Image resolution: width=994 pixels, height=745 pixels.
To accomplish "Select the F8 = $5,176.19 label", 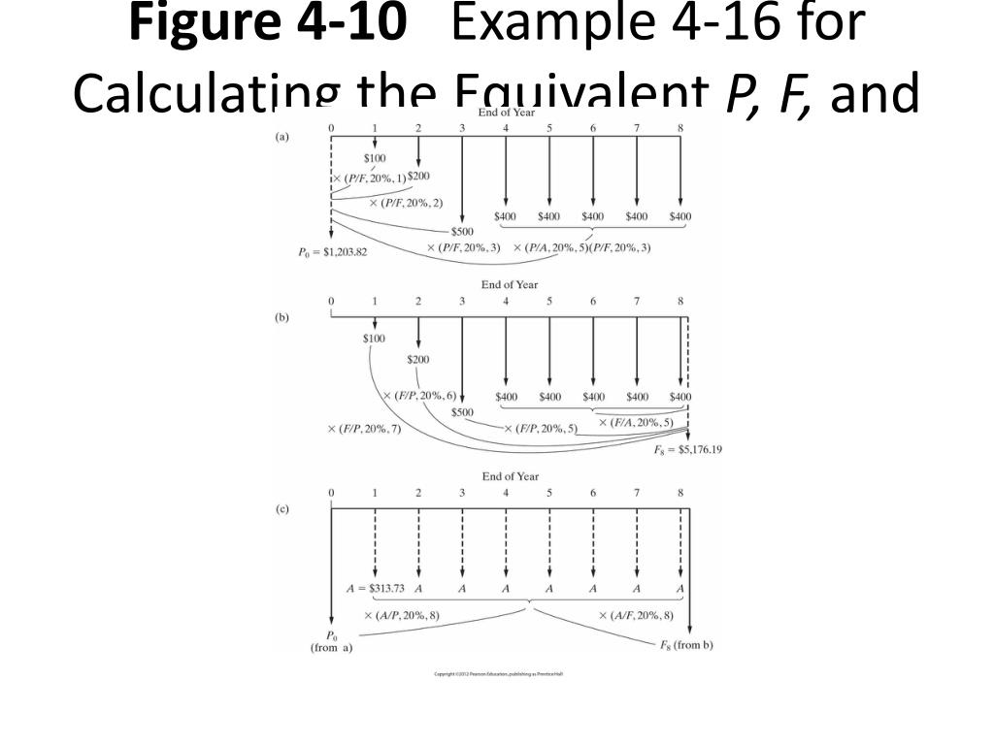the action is point(689,449).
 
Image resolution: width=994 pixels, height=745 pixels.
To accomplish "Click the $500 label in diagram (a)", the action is point(462,232).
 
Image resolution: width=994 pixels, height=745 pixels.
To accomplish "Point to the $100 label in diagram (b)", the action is point(374,339).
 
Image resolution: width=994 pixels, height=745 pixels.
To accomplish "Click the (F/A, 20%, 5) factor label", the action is point(636,422).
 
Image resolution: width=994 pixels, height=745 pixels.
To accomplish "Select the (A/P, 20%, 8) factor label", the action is point(401,615).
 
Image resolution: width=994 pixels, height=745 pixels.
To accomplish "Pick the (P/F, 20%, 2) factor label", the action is point(406,203).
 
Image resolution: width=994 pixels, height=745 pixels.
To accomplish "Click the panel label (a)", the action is point(282,137).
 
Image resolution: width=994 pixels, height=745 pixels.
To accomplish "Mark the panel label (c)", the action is point(282,509).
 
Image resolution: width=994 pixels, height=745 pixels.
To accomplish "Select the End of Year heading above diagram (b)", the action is point(509,284).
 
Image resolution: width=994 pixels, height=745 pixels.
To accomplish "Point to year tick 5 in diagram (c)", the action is point(549,493).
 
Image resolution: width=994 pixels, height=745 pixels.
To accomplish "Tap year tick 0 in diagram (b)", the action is point(331,302).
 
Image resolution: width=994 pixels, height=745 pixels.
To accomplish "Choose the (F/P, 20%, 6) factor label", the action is point(419,396).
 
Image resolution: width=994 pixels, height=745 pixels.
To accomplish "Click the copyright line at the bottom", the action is point(498,673).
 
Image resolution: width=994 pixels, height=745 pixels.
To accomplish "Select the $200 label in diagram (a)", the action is point(418,177).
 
